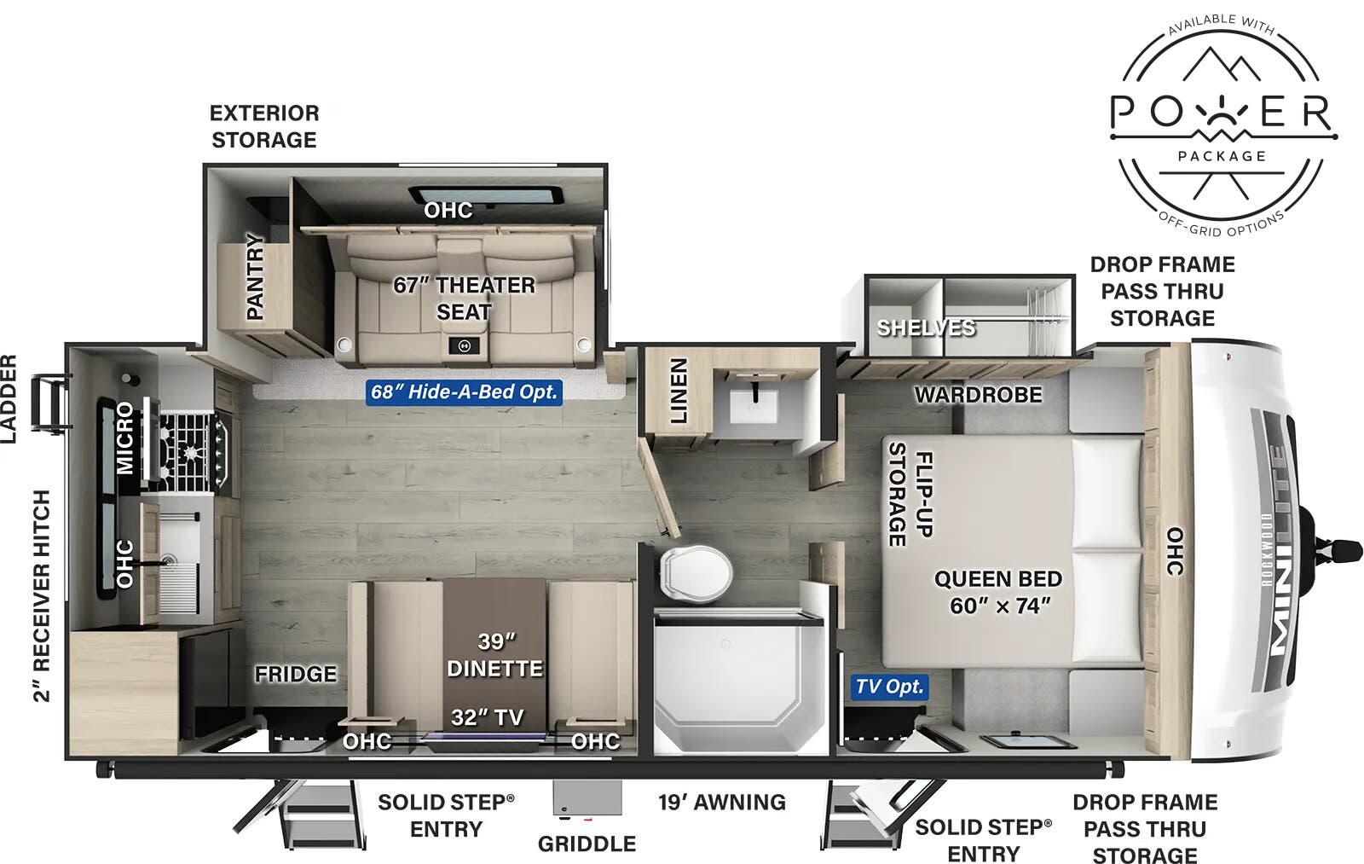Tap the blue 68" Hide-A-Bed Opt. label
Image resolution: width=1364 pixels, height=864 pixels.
[465, 392]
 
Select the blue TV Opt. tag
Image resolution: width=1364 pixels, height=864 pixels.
[889, 687]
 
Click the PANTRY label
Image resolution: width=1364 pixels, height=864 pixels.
[255, 277]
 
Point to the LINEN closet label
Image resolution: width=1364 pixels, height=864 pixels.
[679, 391]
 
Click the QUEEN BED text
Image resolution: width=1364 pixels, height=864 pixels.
[997, 579]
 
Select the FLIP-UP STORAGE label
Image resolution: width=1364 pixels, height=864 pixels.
[910, 495]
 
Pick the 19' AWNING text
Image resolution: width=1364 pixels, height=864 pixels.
[721, 803]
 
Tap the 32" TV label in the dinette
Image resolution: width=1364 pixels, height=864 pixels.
[487, 717]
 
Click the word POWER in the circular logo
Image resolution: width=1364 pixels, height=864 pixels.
[1220, 112]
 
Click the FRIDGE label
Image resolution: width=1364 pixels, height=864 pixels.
[295, 674]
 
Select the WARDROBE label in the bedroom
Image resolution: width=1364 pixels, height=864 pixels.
[978, 395]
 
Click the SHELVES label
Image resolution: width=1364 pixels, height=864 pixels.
[925, 328]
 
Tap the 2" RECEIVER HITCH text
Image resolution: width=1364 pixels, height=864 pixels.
[42, 595]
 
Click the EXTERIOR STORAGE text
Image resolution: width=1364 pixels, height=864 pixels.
[264, 126]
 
